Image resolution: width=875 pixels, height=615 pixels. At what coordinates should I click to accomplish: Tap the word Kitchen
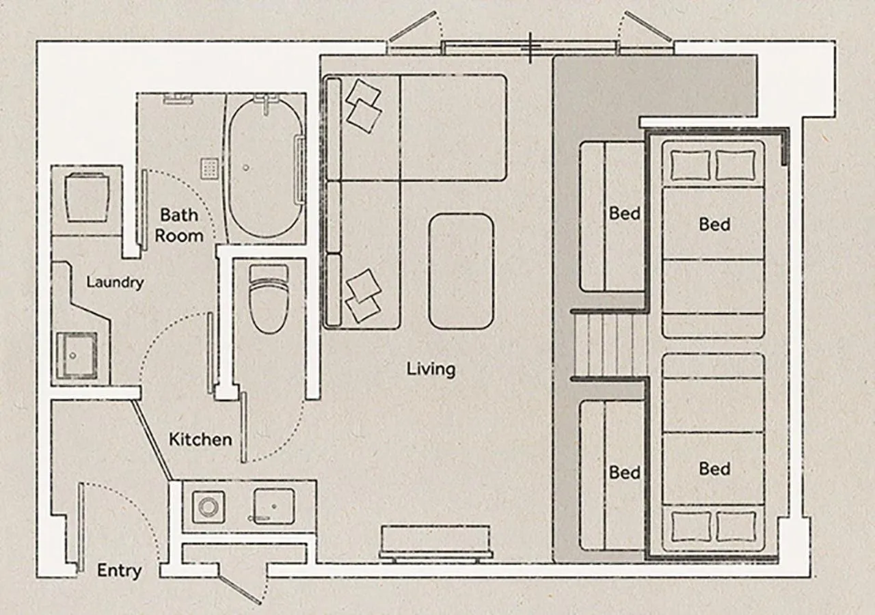[200, 439]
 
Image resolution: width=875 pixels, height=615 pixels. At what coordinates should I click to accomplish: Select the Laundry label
[115, 282]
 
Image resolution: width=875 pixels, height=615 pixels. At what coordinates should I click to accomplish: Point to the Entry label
[119, 571]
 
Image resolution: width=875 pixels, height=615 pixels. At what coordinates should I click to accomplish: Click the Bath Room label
[179, 225]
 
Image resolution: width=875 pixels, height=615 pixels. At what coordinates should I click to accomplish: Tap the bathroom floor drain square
[210, 169]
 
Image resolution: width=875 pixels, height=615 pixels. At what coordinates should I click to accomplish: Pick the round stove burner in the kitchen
[208, 507]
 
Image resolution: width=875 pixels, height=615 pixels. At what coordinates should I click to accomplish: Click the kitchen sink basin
[274, 506]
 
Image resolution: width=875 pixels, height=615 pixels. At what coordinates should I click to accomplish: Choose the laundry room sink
[77, 356]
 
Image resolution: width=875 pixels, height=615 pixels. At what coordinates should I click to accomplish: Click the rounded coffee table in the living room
[461, 271]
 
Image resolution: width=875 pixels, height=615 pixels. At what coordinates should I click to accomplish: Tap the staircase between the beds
[608, 345]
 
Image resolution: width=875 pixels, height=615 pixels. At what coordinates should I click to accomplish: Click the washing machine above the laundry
[86, 198]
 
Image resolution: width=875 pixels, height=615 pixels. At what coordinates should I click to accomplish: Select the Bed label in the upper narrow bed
[625, 214]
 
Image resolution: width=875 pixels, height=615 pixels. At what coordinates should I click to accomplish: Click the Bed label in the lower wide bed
[714, 469]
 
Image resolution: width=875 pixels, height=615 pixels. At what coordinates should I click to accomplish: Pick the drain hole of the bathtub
[245, 168]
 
